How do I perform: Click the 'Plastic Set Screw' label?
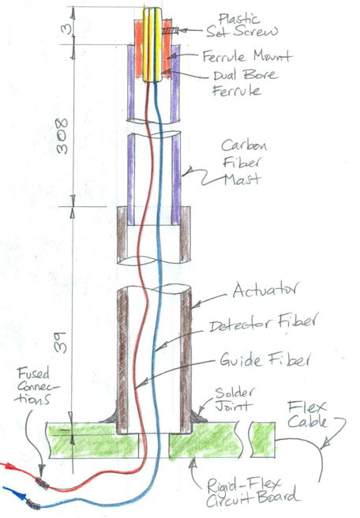tap(242, 26)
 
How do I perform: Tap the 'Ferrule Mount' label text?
tap(247, 56)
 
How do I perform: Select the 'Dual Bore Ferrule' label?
tap(245, 83)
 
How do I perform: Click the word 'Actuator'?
tap(265, 290)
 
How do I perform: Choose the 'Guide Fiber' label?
tap(265, 358)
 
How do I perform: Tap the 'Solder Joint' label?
tap(234, 399)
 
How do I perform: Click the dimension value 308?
tap(62, 136)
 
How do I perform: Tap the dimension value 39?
tap(62, 342)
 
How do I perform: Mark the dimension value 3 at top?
tap(66, 29)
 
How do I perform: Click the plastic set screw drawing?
tap(170, 31)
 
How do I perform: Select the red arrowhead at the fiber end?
tap(10, 467)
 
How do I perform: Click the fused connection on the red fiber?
tap(43, 483)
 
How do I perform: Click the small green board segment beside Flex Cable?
tap(263, 440)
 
